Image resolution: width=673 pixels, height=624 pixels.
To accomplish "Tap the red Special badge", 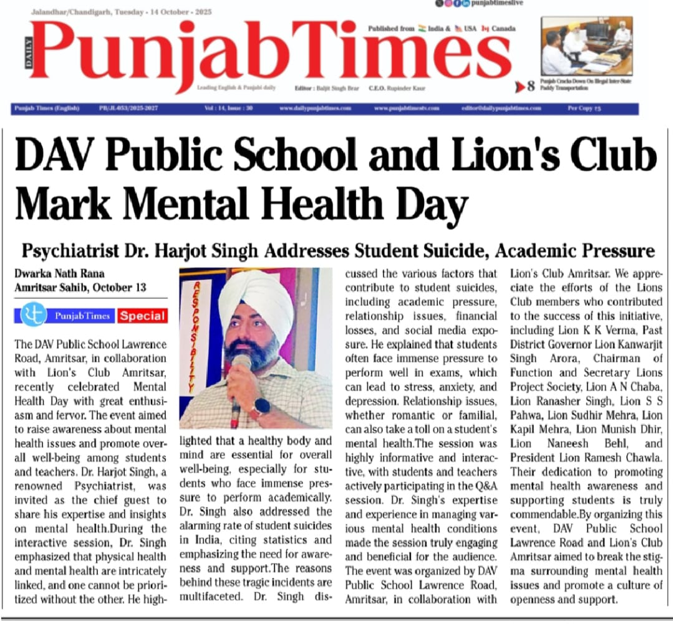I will pyautogui.click(x=143, y=316).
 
